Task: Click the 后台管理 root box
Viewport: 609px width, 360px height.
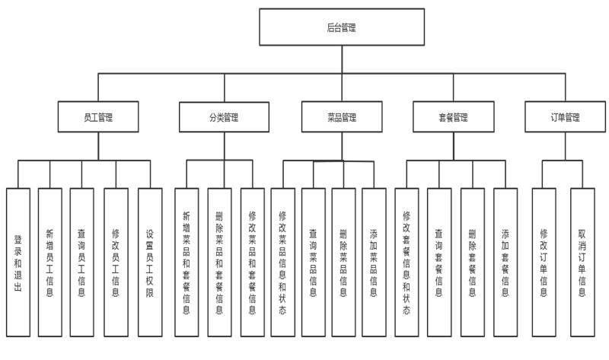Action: tap(342, 27)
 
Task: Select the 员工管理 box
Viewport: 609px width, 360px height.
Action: tap(98, 117)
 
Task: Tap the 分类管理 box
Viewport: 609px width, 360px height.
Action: tap(224, 117)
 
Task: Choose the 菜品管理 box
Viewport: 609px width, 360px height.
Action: tap(342, 117)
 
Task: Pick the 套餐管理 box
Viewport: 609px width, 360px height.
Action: tap(453, 117)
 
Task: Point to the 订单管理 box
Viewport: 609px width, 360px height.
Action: tap(565, 117)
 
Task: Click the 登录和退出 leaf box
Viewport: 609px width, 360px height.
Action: tap(18, 263)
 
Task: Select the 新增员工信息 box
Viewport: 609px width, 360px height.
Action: tap(50, 263)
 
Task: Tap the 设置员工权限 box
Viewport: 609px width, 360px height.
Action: tap(150, 263)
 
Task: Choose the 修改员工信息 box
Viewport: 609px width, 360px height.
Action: tap(116, 263)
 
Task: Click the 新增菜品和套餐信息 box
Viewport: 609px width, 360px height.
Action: tap(187, 263)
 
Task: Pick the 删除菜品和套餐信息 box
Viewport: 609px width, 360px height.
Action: tap(219, 263)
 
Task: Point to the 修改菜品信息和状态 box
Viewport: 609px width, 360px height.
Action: tap(282, 263)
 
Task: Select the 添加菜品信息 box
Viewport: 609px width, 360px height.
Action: tap(374, 263)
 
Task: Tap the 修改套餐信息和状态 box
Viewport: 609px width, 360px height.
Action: tap(407, 263)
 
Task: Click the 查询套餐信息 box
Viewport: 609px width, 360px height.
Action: tap(439, 263)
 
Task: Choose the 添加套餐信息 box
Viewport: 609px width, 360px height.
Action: tap(505, 263)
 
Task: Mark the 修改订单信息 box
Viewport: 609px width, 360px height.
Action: tap(544, 263)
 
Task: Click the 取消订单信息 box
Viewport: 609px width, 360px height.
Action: tap(582, 263)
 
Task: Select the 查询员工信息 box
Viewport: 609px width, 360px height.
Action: tap(81, 263)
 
